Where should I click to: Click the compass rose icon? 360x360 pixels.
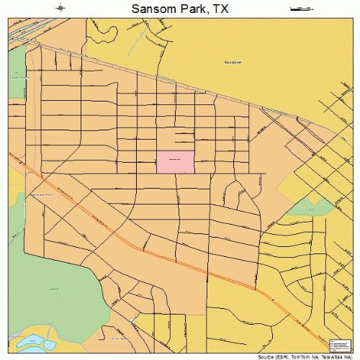61,9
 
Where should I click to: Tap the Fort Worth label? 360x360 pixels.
233,63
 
